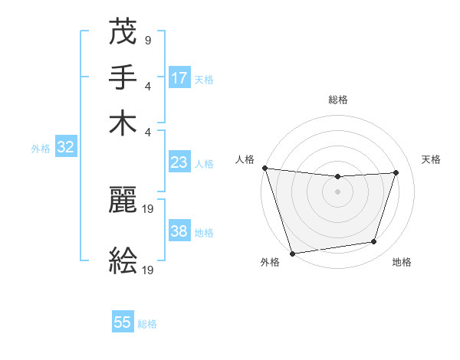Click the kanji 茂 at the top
(123, 32)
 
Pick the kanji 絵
(123, 260)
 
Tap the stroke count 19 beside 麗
(149, 208)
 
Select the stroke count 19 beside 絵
(149, 269)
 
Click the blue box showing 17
(179, 77)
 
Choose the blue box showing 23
(179, 162)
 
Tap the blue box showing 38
(179, 231)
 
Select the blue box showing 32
(65, 148)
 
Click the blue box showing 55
(123, 322)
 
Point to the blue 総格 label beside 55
(147, 324)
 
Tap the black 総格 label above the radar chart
(337, 100)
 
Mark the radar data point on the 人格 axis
(264, 168)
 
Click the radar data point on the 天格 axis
(396, 172)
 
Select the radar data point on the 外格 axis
(292, 253)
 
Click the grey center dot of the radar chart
(337, 191)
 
